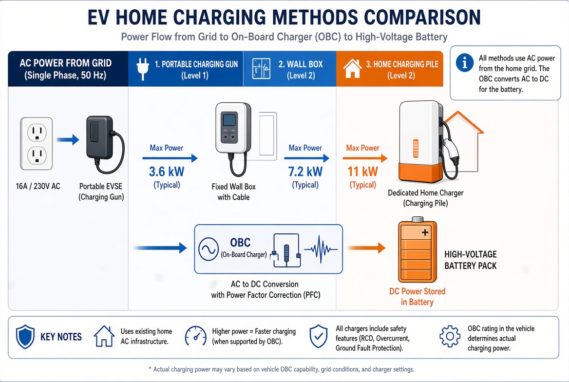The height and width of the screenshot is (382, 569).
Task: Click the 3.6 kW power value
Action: pos(167,172)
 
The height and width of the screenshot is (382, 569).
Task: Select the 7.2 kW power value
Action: pos(305,172)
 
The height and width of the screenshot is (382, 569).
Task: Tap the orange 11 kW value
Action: pos(362,172)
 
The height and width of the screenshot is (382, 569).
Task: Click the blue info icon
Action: pos(464,62)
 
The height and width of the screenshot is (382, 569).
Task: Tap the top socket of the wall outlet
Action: pos(37,132)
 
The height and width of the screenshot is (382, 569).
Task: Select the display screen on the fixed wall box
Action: pos(229,119)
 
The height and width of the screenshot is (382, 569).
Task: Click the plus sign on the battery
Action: pos(425,232)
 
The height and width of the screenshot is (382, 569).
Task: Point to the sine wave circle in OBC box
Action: pos(209,249)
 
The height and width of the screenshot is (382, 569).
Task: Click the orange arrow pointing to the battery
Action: pos(366,248)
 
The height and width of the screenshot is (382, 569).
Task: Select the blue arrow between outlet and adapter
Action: pos(68,139)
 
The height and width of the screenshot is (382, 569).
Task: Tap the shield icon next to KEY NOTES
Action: pos(25,337)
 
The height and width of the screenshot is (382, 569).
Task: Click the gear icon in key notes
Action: pos(450,336)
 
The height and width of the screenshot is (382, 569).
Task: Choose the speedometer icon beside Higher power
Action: pos(196,336)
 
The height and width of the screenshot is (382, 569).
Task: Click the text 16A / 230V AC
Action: pos(38,186)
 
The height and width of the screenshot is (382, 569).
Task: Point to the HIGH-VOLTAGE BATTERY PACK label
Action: pos(470,260)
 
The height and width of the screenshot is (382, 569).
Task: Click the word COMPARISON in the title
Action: pos(422,17)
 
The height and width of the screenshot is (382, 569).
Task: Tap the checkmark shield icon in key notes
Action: pos(318,336)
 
